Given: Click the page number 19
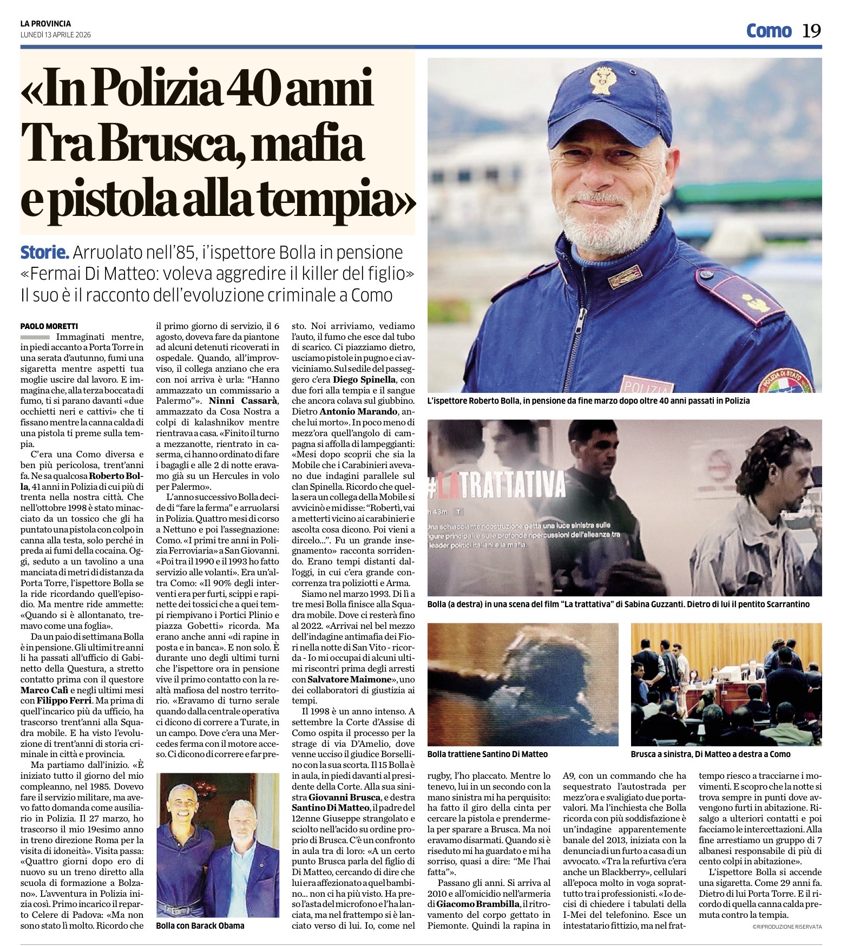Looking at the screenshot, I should coord(811,31).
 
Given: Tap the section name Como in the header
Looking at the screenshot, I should coord(769,31).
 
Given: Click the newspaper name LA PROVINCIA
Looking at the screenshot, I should coord(45,24).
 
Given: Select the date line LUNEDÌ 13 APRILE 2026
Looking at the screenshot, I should coord(55,35).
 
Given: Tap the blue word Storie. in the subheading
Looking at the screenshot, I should coord(45,252).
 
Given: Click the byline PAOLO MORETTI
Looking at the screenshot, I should coord(49,326).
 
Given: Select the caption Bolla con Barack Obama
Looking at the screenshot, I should coord(200,925).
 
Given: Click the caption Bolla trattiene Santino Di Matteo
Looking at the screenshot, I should coord(487,754).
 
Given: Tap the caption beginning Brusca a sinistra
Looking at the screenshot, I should coord(710,754).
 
